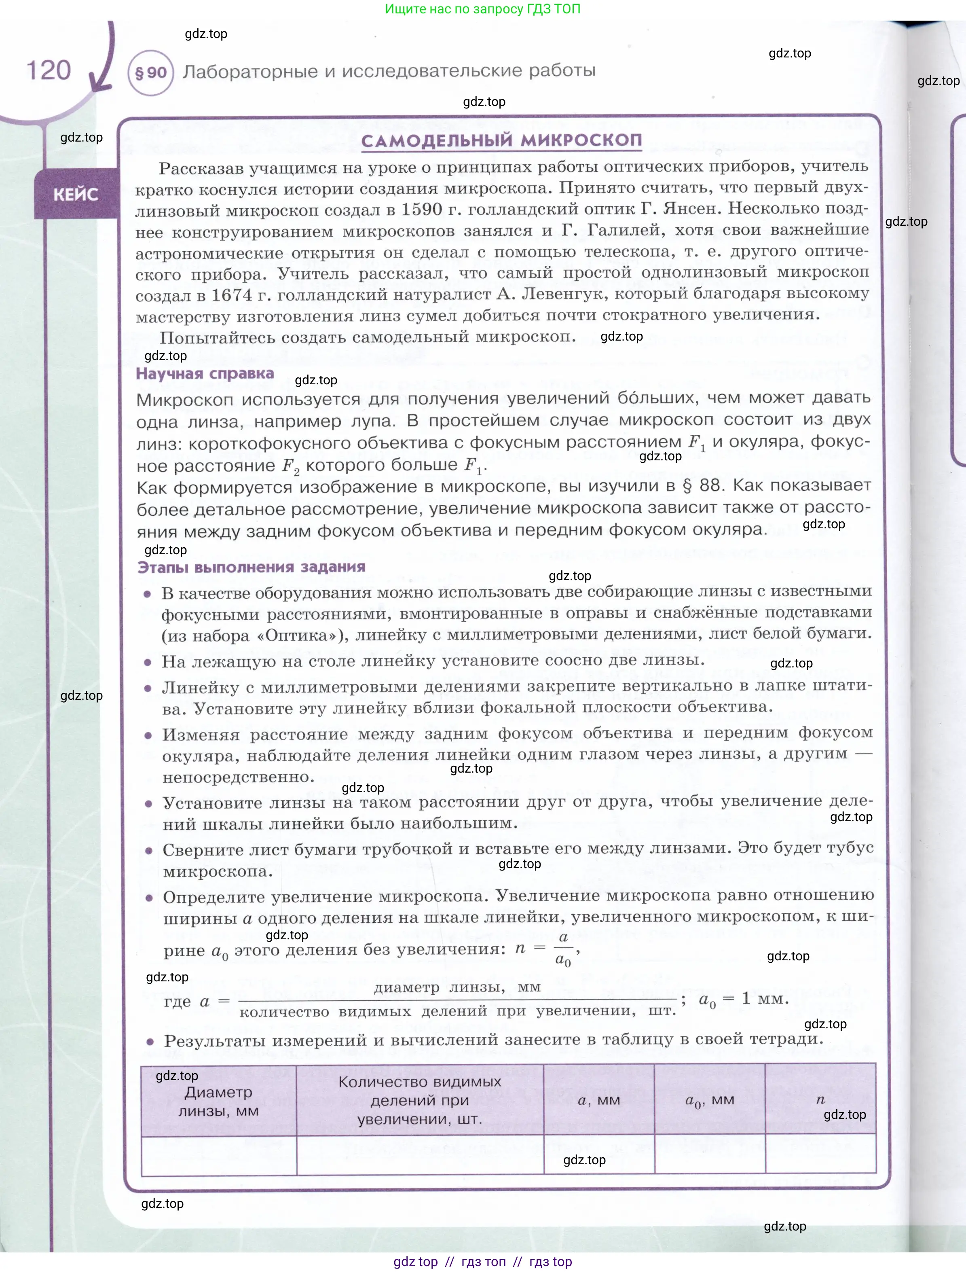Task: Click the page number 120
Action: tap(49, 71)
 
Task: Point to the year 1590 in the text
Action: tap(422, 210)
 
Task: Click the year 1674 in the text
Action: tap(231, 295)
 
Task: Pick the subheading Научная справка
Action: tap(205, 373)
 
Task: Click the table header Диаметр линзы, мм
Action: tap(219, 1101)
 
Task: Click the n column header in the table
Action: tap(820, 1100)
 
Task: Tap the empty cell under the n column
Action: tap(820, 1154)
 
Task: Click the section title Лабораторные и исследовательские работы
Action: tap(389, 71)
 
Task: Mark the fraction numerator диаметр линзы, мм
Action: tap(457, 987)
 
